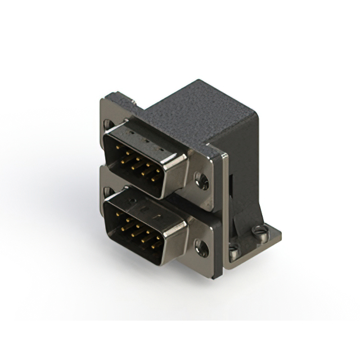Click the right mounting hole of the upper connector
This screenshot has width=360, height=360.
point(201,181)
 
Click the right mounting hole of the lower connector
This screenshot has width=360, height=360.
point(201,247)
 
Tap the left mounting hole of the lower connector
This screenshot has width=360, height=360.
point(107,191)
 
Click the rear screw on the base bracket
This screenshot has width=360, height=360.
point(259,229)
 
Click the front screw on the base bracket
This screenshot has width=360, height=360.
point(234,248)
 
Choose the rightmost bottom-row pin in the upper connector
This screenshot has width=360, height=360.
point(153,179)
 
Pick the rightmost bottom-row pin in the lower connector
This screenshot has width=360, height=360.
point(153,246)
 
